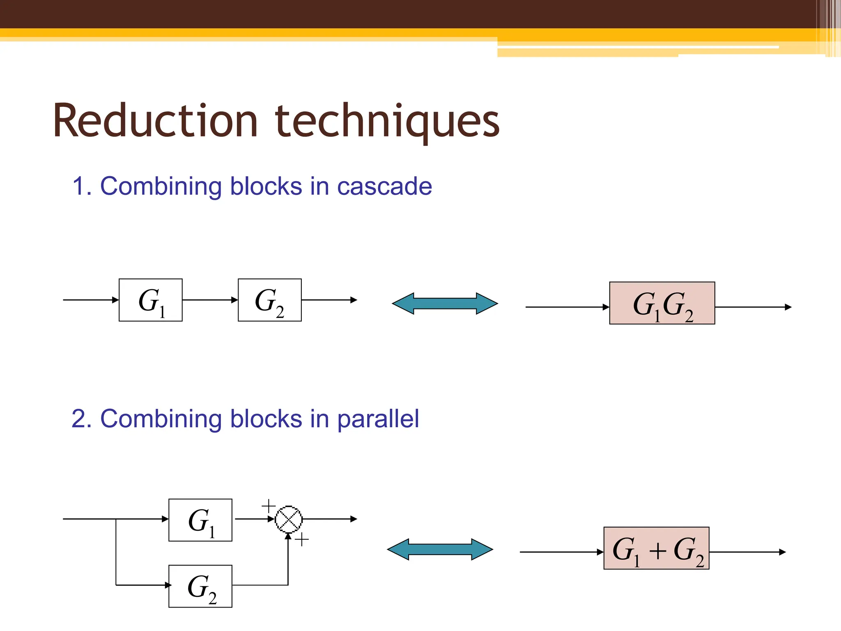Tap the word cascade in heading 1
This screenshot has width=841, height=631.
[384, 187]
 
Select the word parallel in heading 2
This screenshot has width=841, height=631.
[378, 419]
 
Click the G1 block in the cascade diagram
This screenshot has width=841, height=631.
[150, 300]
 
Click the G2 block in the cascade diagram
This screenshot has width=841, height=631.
[269, 300]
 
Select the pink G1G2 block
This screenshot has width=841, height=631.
[662, 303]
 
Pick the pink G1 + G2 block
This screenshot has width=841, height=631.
[656, 548]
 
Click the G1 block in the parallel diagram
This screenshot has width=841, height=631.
[200, 520]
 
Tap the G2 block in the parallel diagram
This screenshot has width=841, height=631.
[200, 586]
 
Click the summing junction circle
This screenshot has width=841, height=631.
[289, 519]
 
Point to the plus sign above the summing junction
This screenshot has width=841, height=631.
[269, 506]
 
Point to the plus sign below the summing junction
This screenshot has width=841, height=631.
[302, 540]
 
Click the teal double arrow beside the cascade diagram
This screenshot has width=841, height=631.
[445, 304]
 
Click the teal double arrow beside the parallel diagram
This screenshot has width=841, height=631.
[440, 549]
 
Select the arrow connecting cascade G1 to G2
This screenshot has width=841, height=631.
[210, 300]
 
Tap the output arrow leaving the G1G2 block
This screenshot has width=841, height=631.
[753, 307]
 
